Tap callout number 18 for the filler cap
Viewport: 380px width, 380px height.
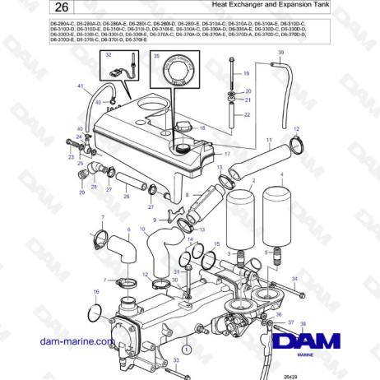click(202, 128)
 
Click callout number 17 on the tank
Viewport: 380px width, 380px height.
click(227, 154)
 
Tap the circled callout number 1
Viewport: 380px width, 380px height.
click(186, 350)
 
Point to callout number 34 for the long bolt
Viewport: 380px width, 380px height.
click(292, 279)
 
